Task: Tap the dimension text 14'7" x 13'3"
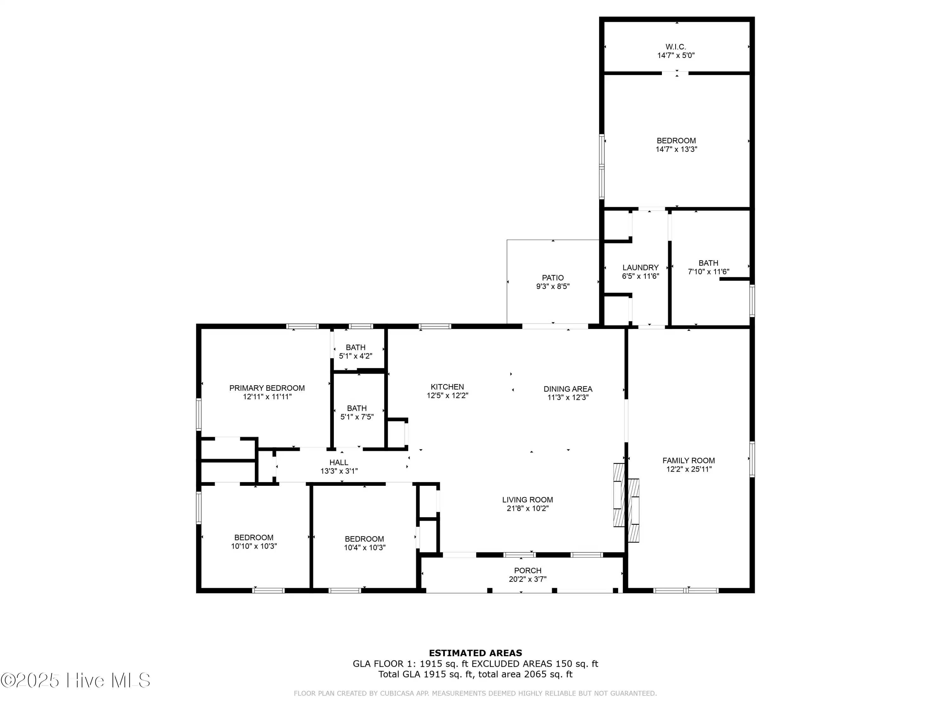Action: (676, 149)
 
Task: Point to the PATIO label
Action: (553, 278)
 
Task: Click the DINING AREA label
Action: (568, 389)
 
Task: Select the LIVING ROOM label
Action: (527, 500)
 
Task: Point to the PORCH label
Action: (527, 570)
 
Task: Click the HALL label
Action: (339, 462)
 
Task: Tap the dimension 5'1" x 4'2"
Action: (356, 356)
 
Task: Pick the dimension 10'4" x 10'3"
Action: (365, 548)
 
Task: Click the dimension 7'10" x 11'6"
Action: (708, 272)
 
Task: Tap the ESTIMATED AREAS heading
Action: (475, 653)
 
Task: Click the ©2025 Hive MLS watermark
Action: (76, 680)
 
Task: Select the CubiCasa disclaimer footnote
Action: (475, 693)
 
